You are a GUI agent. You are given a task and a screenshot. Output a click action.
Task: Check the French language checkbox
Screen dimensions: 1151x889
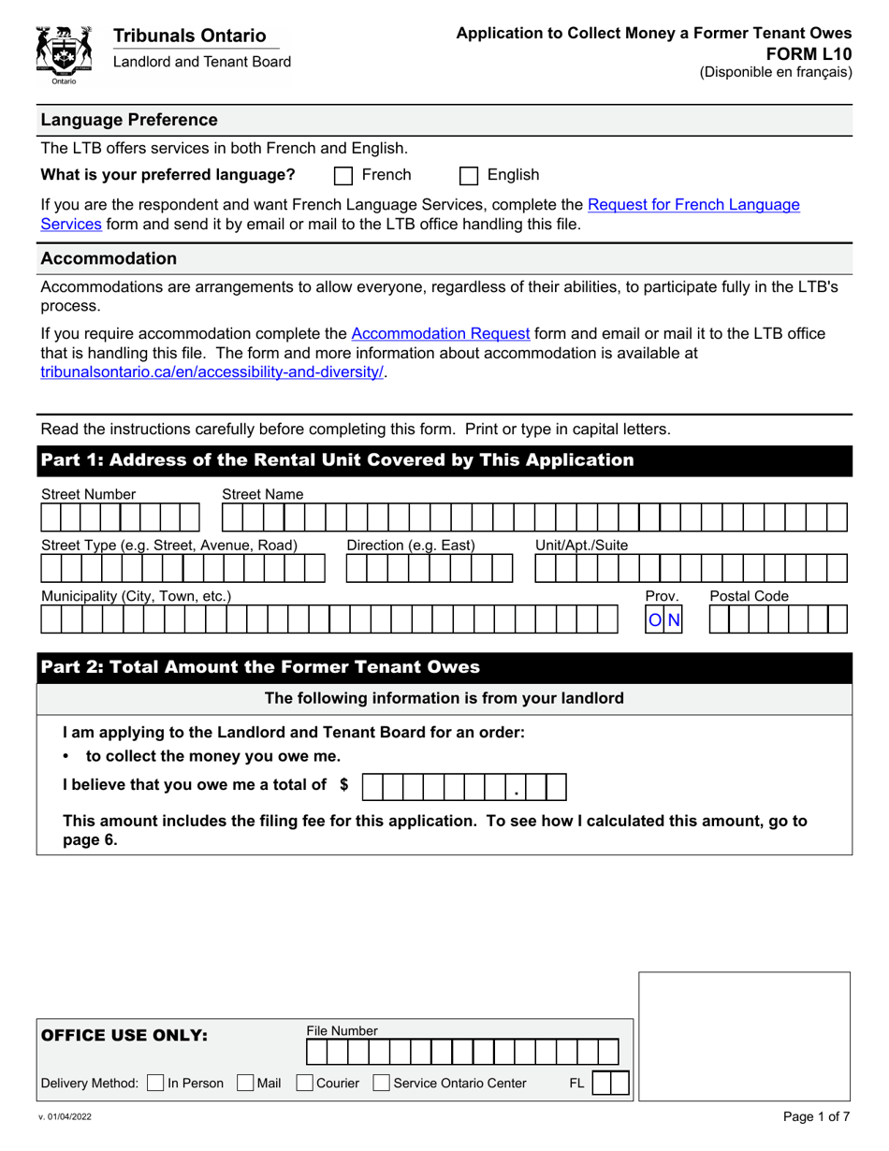tap(343, 175)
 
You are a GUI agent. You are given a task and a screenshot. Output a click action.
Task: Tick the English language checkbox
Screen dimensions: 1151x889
tap(470, 175)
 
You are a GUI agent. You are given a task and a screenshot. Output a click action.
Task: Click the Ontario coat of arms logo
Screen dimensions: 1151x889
tap(64, 52)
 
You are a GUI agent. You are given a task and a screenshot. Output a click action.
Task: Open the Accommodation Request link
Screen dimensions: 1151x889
tap(441, 333)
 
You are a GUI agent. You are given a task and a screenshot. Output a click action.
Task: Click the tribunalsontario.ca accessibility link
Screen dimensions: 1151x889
tap(212, 372)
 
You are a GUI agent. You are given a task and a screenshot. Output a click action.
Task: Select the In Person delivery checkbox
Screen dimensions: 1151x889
tap(156, 1083)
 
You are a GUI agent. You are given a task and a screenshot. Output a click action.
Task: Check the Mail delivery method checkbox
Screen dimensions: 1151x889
tap(245, 1083)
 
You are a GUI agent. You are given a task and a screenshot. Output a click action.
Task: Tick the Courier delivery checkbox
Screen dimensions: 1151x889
tap(304, 1083)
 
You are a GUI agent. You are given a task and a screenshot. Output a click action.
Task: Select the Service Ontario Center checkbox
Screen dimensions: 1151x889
tap(381, 1083)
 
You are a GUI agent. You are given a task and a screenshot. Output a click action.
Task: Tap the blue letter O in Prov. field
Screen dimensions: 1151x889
tap(655, 619)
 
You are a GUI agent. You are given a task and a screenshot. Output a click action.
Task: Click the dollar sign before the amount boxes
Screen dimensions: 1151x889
tap(343, 786)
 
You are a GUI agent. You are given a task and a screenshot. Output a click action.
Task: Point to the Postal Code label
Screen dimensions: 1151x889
tap(749, 596)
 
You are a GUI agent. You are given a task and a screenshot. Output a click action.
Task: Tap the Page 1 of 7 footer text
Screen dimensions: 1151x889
tap(816, 1116)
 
